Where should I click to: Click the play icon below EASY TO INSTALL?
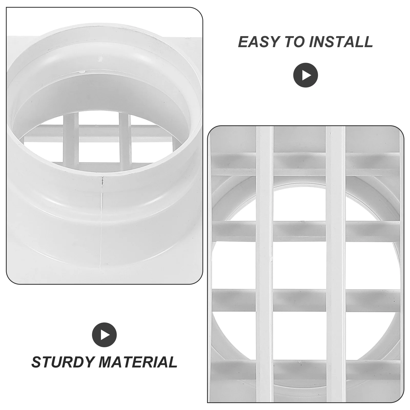(305, 75)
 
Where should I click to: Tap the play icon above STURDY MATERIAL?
(104, 335)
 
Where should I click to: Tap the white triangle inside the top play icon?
(306, 75)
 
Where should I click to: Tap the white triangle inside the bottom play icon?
(105, 335)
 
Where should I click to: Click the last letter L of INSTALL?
(368, 42)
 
